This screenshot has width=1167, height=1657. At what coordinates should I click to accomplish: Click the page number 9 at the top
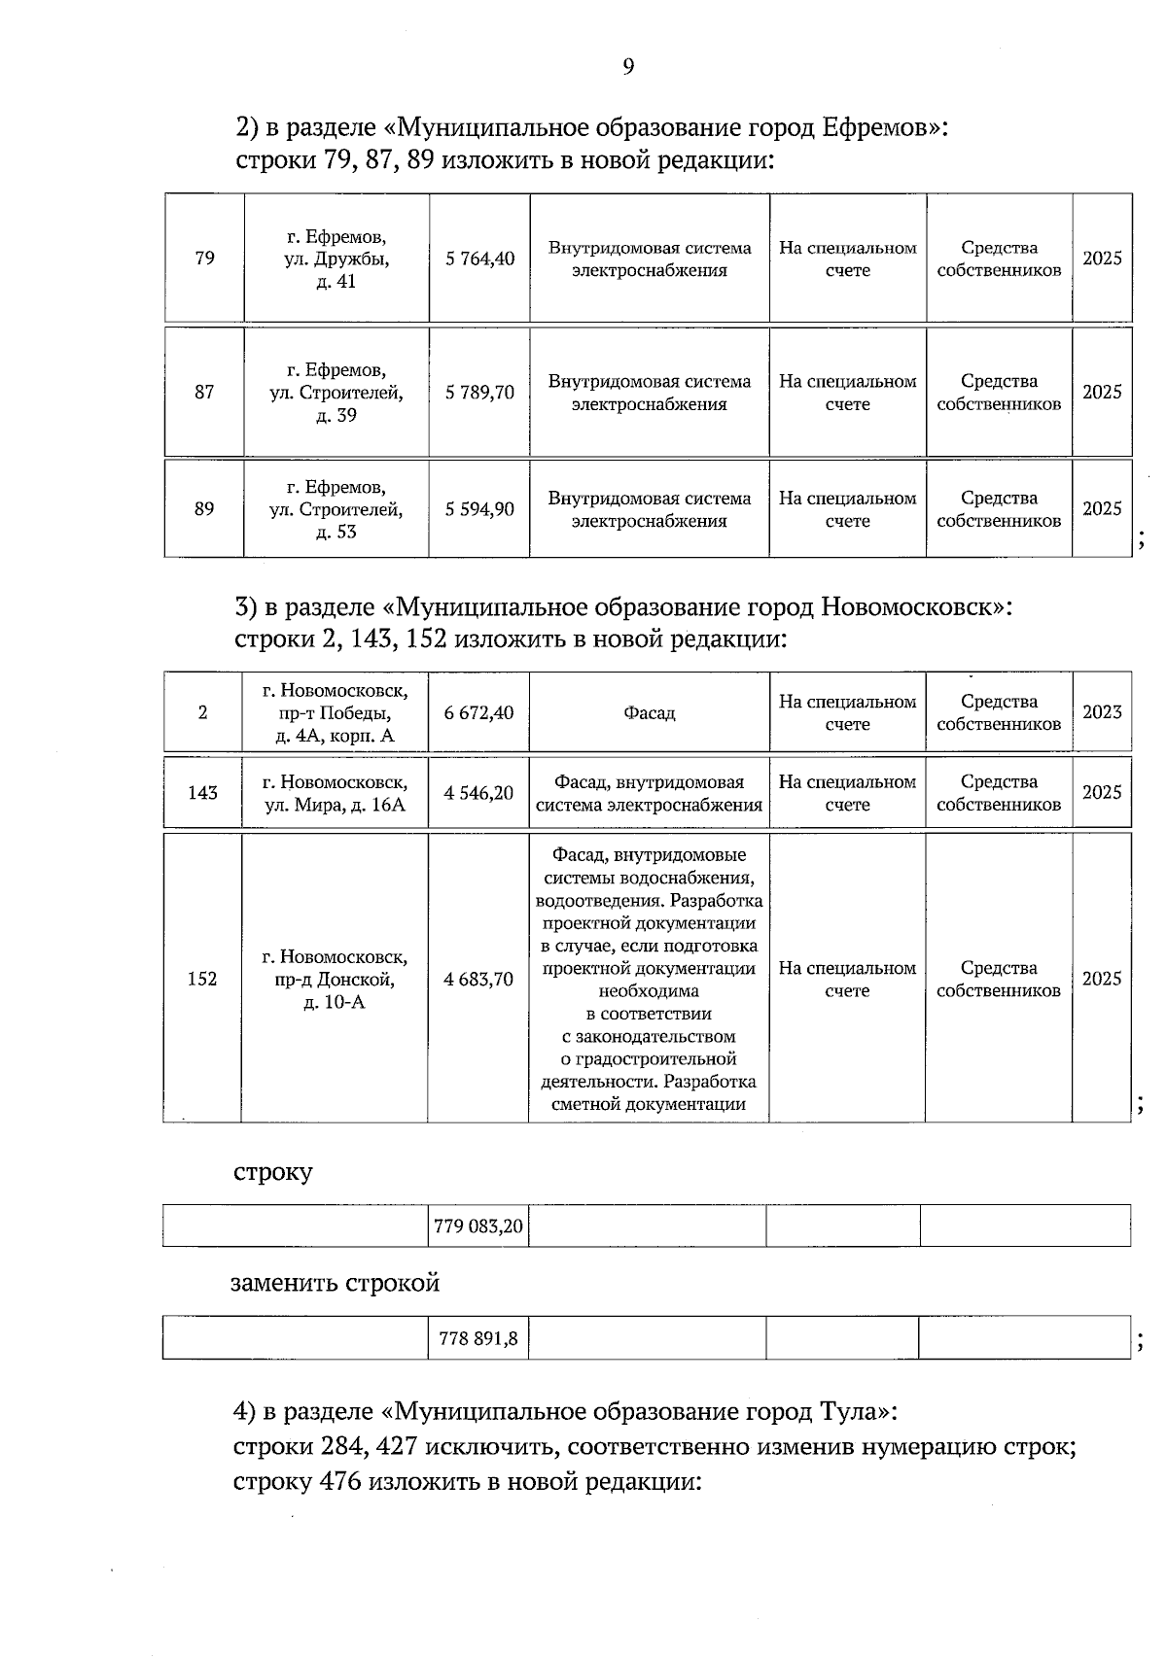[627, 66]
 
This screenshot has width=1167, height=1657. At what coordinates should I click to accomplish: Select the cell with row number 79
[204, 259]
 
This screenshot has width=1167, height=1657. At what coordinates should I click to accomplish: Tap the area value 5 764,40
[479, 259]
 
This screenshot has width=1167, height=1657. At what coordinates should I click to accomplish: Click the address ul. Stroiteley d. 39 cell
[336, 393]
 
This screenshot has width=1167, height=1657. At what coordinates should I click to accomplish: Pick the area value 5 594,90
[479, 509]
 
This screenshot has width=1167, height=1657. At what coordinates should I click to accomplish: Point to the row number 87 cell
[204, 393]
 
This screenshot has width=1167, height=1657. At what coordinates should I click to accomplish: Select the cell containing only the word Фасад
[649, 713]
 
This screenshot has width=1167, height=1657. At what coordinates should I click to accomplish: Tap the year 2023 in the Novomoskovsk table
[1101, 712]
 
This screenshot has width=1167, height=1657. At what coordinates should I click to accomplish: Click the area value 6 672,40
[478, 713]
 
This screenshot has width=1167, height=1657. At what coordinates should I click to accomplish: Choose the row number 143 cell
[202, 793]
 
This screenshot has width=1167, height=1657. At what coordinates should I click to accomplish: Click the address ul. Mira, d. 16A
[336, 793]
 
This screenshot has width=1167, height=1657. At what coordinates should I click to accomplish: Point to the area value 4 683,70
[477, 979]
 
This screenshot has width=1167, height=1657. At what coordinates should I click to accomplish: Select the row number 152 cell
[201, 979]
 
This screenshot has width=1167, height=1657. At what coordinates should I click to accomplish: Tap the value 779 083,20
[477, 1226]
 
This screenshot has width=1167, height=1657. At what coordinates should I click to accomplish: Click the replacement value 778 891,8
[477, 1338]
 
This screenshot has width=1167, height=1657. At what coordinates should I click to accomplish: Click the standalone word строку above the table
[272, 1172]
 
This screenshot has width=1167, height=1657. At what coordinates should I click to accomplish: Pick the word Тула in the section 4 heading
[851, 1410]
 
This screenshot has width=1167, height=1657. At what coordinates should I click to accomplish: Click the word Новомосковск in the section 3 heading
[906, 607]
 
